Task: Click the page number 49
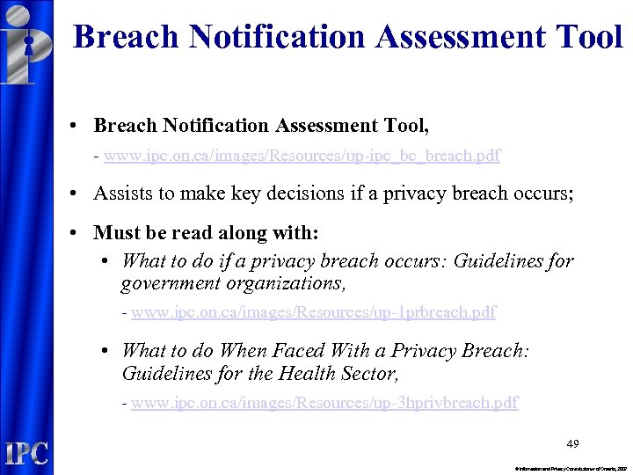[572, 443]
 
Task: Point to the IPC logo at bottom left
[26, 453]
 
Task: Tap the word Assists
[121, 194]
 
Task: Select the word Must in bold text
[116, 232]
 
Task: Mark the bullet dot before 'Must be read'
[77, 233]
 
